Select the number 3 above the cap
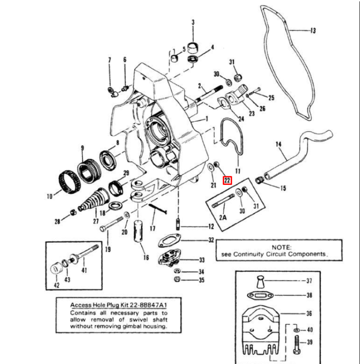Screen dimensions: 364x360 click(x=193, y=22)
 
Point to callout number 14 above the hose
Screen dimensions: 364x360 click(x=278, y=144)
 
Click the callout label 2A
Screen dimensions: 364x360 click(x=223, y=217)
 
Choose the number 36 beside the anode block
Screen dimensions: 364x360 click(x=309, y=314)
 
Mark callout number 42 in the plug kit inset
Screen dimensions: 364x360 click(x=57, y=285)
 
